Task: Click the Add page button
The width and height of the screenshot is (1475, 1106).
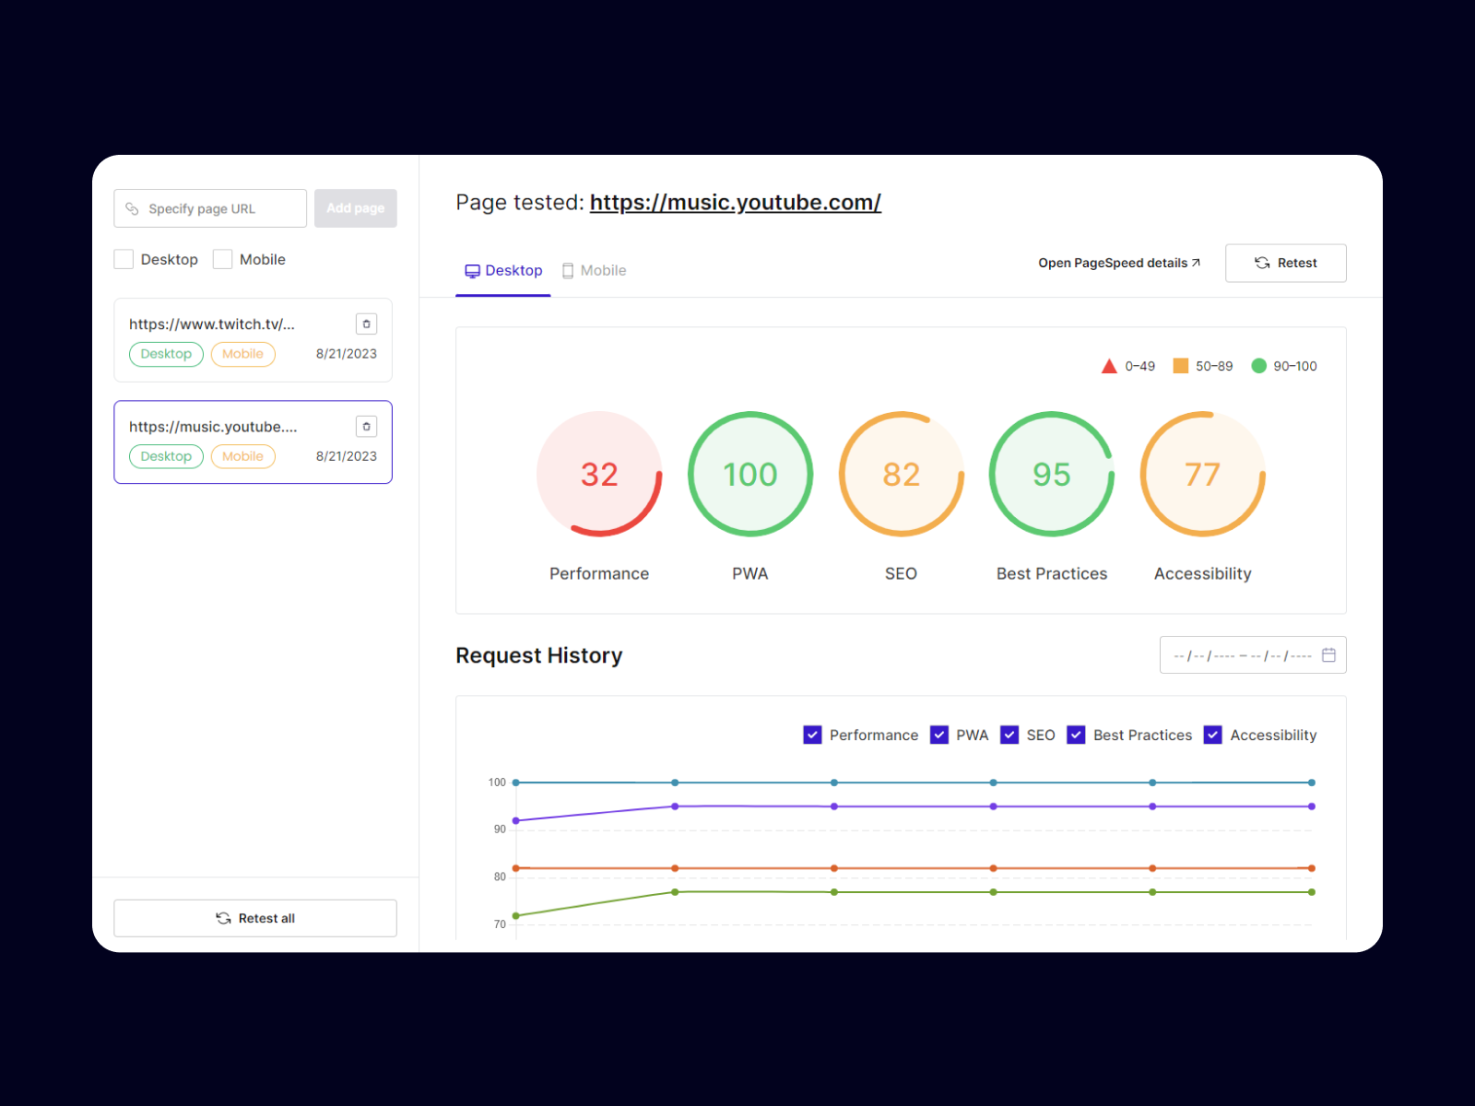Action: [x=355, y=208]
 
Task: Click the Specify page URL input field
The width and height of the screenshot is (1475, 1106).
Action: [x=210, y=208]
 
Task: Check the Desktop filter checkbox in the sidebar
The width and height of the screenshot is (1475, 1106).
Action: [x=124, y=259]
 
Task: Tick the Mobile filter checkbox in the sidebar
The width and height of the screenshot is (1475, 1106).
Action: [x=222, y=259]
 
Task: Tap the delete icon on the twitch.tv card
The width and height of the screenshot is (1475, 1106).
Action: [x=366, y=324]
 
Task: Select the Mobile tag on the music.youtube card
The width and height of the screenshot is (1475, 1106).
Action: [x=242, y=456]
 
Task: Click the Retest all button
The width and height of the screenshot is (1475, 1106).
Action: [x=255, y=918]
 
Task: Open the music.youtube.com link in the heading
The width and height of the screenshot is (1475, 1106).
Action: [x=735, y=203]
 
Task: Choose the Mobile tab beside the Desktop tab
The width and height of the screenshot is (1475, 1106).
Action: [x=595, y=271]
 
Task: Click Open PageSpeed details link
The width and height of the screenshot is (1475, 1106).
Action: [x=1118, y=263]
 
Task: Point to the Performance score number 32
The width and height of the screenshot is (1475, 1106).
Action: [x=599, y=475]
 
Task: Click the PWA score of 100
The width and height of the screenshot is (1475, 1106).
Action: [x=749, y=475]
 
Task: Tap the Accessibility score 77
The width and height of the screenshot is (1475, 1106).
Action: [x=1202, y=475]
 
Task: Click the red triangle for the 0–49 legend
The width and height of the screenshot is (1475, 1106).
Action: [x=1109, y=366]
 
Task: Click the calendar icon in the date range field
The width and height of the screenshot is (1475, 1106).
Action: [x=1328, y=655]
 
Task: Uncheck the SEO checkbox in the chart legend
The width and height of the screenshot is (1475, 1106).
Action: [x=1009, y=735]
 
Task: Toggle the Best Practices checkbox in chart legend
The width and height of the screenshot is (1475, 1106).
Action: [x=1076, y=735]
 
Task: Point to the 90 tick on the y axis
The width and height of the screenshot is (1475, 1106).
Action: [x=500, y=829]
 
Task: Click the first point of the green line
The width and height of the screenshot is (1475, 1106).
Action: [x=516, y=915]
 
